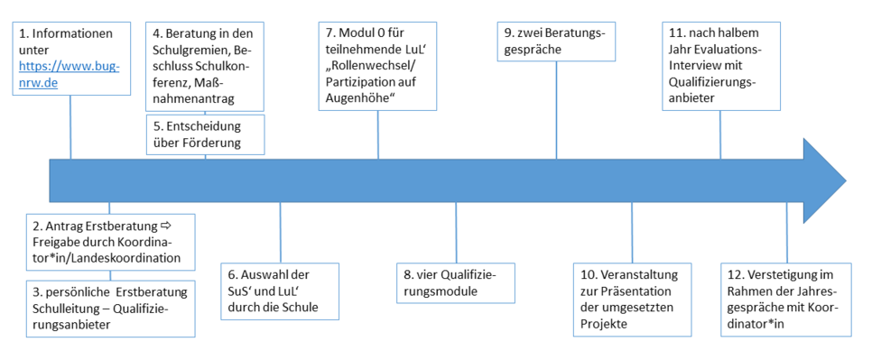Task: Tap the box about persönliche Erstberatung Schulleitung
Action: (x=109, y=308)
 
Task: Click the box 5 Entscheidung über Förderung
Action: (x=205, y=134)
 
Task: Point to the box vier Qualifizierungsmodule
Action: (x=456, y=282)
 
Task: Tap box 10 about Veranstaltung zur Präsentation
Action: (x=631, y=299)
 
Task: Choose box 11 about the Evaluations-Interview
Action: (x=720, y=66)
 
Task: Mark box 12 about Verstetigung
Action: (x=786, y=299)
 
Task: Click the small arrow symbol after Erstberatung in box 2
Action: (x=165, y=224)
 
